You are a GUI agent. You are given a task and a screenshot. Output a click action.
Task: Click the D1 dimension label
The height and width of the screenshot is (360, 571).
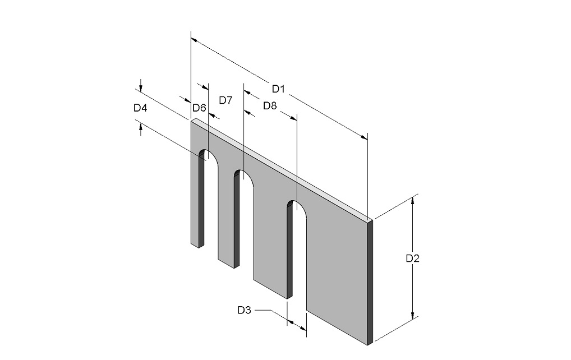point(278,89)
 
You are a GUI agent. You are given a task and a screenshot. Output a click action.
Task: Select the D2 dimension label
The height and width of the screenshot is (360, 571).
point(413,259)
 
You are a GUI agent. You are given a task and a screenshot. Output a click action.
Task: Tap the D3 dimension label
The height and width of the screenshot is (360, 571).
point(245,310)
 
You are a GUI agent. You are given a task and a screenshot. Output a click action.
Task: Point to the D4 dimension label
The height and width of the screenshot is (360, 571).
point(140,108)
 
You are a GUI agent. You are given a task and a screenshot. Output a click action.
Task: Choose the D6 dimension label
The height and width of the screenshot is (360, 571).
point(199,108)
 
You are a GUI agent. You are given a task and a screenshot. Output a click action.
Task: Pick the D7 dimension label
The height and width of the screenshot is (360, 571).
point(226,100)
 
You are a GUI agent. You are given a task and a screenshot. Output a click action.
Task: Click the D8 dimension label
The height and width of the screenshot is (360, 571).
point(270,106)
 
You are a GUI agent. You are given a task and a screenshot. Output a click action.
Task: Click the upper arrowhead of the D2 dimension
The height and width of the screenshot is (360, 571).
point(413,201)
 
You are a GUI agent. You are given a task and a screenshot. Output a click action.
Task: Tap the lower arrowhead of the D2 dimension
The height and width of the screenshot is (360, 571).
point(413,316)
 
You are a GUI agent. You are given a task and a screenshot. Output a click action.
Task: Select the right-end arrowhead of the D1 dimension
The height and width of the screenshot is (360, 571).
point(364,137)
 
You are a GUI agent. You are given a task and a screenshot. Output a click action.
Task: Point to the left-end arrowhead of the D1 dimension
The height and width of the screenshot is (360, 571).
point(195,39)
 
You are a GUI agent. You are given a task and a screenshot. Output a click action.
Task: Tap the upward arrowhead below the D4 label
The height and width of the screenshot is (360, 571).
point(141,127)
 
